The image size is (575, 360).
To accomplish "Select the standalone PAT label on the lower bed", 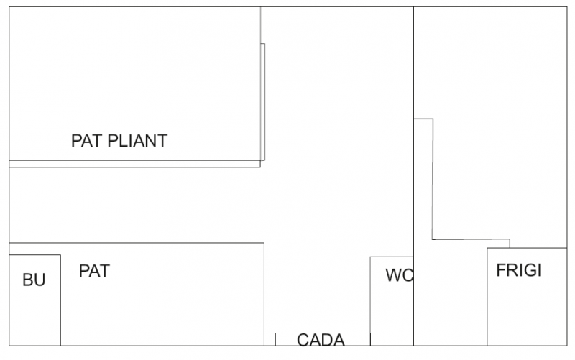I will point(94,272).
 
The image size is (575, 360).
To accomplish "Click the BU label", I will point(34,280).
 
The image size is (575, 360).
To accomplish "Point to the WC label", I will point(399,275).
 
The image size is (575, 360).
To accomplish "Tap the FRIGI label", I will point(518,271).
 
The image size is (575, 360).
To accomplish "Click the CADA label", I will point(321,340).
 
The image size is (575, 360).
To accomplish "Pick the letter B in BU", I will point(28,280).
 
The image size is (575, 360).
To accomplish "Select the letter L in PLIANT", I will point(121,140).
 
